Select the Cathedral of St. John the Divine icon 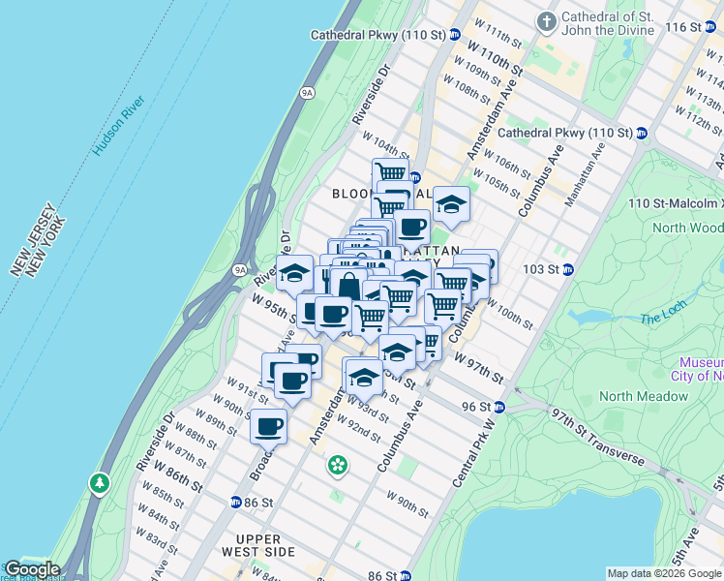(x=548, y=19)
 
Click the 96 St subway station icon (x=499, y=408)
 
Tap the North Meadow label (x=643, y=395)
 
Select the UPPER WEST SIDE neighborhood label (x=265, y=545)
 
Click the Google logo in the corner (x=31, y=569)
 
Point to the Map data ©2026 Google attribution (x=664, y=573)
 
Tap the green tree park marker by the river (x=98, y=481)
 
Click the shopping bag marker (x=347, y=285)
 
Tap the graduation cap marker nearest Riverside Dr (x=294, y=273)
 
